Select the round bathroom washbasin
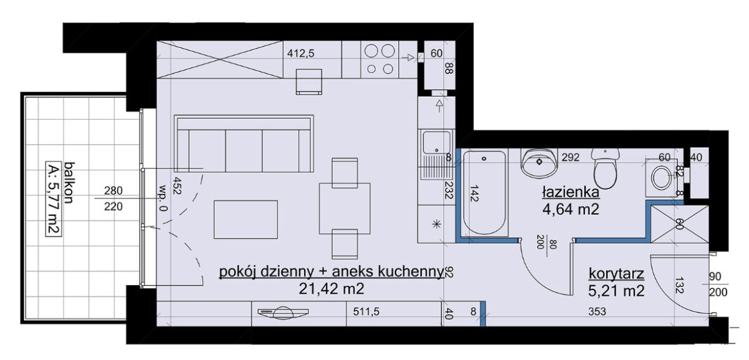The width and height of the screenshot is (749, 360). pos(539,162)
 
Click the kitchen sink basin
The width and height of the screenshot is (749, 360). pos(436,142)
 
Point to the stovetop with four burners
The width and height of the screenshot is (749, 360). pos(379,60)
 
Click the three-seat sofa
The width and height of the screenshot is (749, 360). pos(244,144)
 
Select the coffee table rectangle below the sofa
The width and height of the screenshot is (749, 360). pos(246,219)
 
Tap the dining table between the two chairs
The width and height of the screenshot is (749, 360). pos(345,208)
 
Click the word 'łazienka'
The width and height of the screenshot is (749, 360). pos(570,193)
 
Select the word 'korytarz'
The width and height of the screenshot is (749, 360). pos(616,273)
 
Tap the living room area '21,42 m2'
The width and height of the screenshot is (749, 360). pos(331,288)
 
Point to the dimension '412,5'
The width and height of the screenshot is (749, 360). pos(301,54)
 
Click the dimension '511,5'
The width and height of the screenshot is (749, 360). pos(366,311)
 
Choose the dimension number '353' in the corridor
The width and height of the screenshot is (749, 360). pos(597,311)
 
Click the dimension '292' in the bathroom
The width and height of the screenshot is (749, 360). pos(570,157)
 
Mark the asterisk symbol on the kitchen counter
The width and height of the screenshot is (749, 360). pos(436,225)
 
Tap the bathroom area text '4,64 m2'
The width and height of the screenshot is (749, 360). pos(570,210)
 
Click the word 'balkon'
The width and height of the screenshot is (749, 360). pos(69,183)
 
